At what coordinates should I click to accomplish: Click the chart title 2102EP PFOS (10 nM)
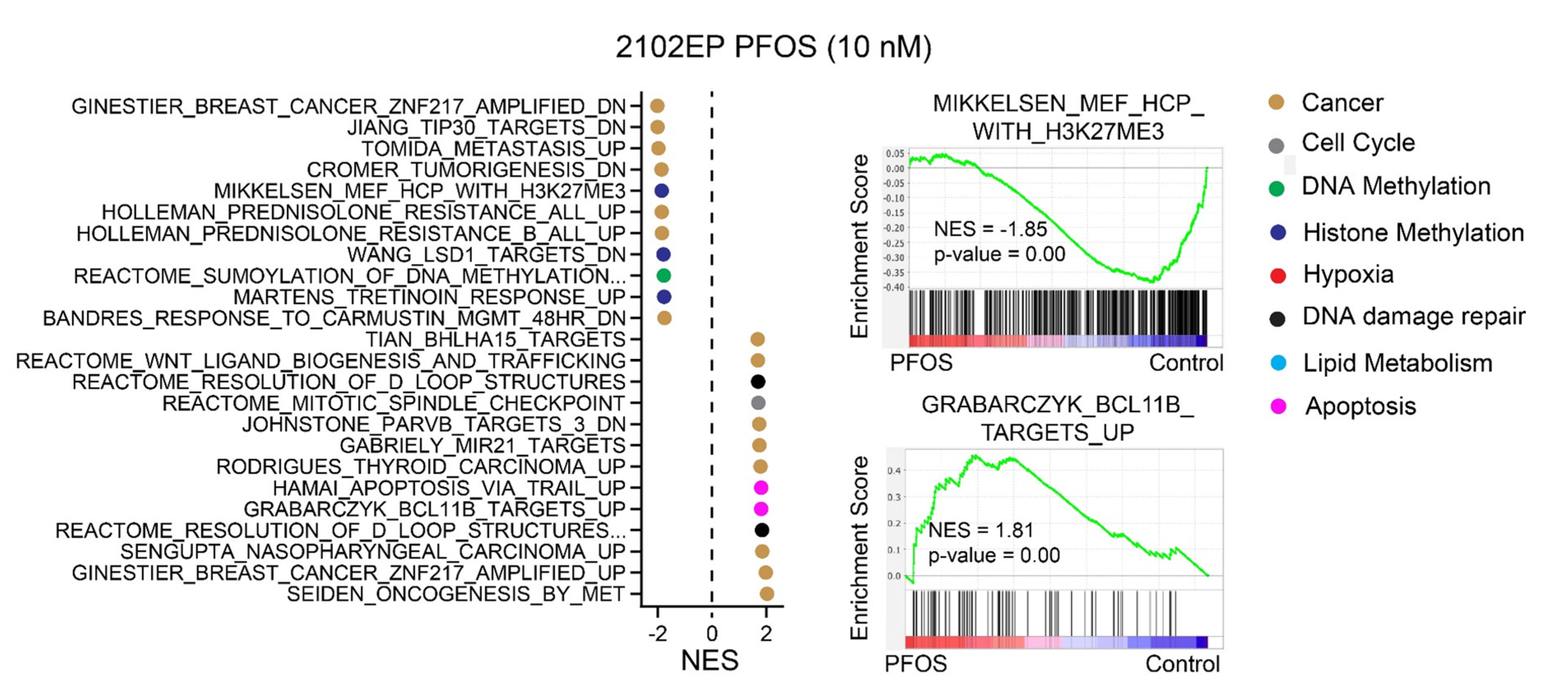click(773, 47)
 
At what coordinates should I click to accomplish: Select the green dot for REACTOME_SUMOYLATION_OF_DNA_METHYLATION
click(663, 276)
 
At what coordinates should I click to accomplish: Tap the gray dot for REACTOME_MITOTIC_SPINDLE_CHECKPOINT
click(758, 403)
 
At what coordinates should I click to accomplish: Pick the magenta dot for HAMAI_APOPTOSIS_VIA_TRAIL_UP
click(760, 487)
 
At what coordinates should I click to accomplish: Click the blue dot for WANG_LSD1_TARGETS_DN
click(663, 255)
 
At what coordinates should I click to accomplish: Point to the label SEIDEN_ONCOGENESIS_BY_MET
click(456, 594)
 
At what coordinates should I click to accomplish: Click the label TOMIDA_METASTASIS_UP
click(493, 148)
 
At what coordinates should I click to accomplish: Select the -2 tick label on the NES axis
click(658, 633)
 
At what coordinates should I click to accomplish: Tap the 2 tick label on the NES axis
click(766, 633)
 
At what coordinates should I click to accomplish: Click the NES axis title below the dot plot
click(709, 660)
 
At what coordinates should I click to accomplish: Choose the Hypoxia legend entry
click(1348, 274)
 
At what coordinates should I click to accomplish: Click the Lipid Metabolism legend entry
click(1397, 363)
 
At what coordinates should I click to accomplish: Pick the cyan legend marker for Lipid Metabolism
click(1278, 363)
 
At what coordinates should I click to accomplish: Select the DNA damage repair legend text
click(1414, 316)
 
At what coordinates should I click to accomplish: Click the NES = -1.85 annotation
click(990, 229)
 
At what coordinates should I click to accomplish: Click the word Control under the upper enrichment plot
click(1186, 362)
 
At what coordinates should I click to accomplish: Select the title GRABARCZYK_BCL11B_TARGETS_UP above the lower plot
click(1057, 418)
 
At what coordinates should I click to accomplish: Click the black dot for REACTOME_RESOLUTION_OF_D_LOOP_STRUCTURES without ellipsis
click(758, 382)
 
